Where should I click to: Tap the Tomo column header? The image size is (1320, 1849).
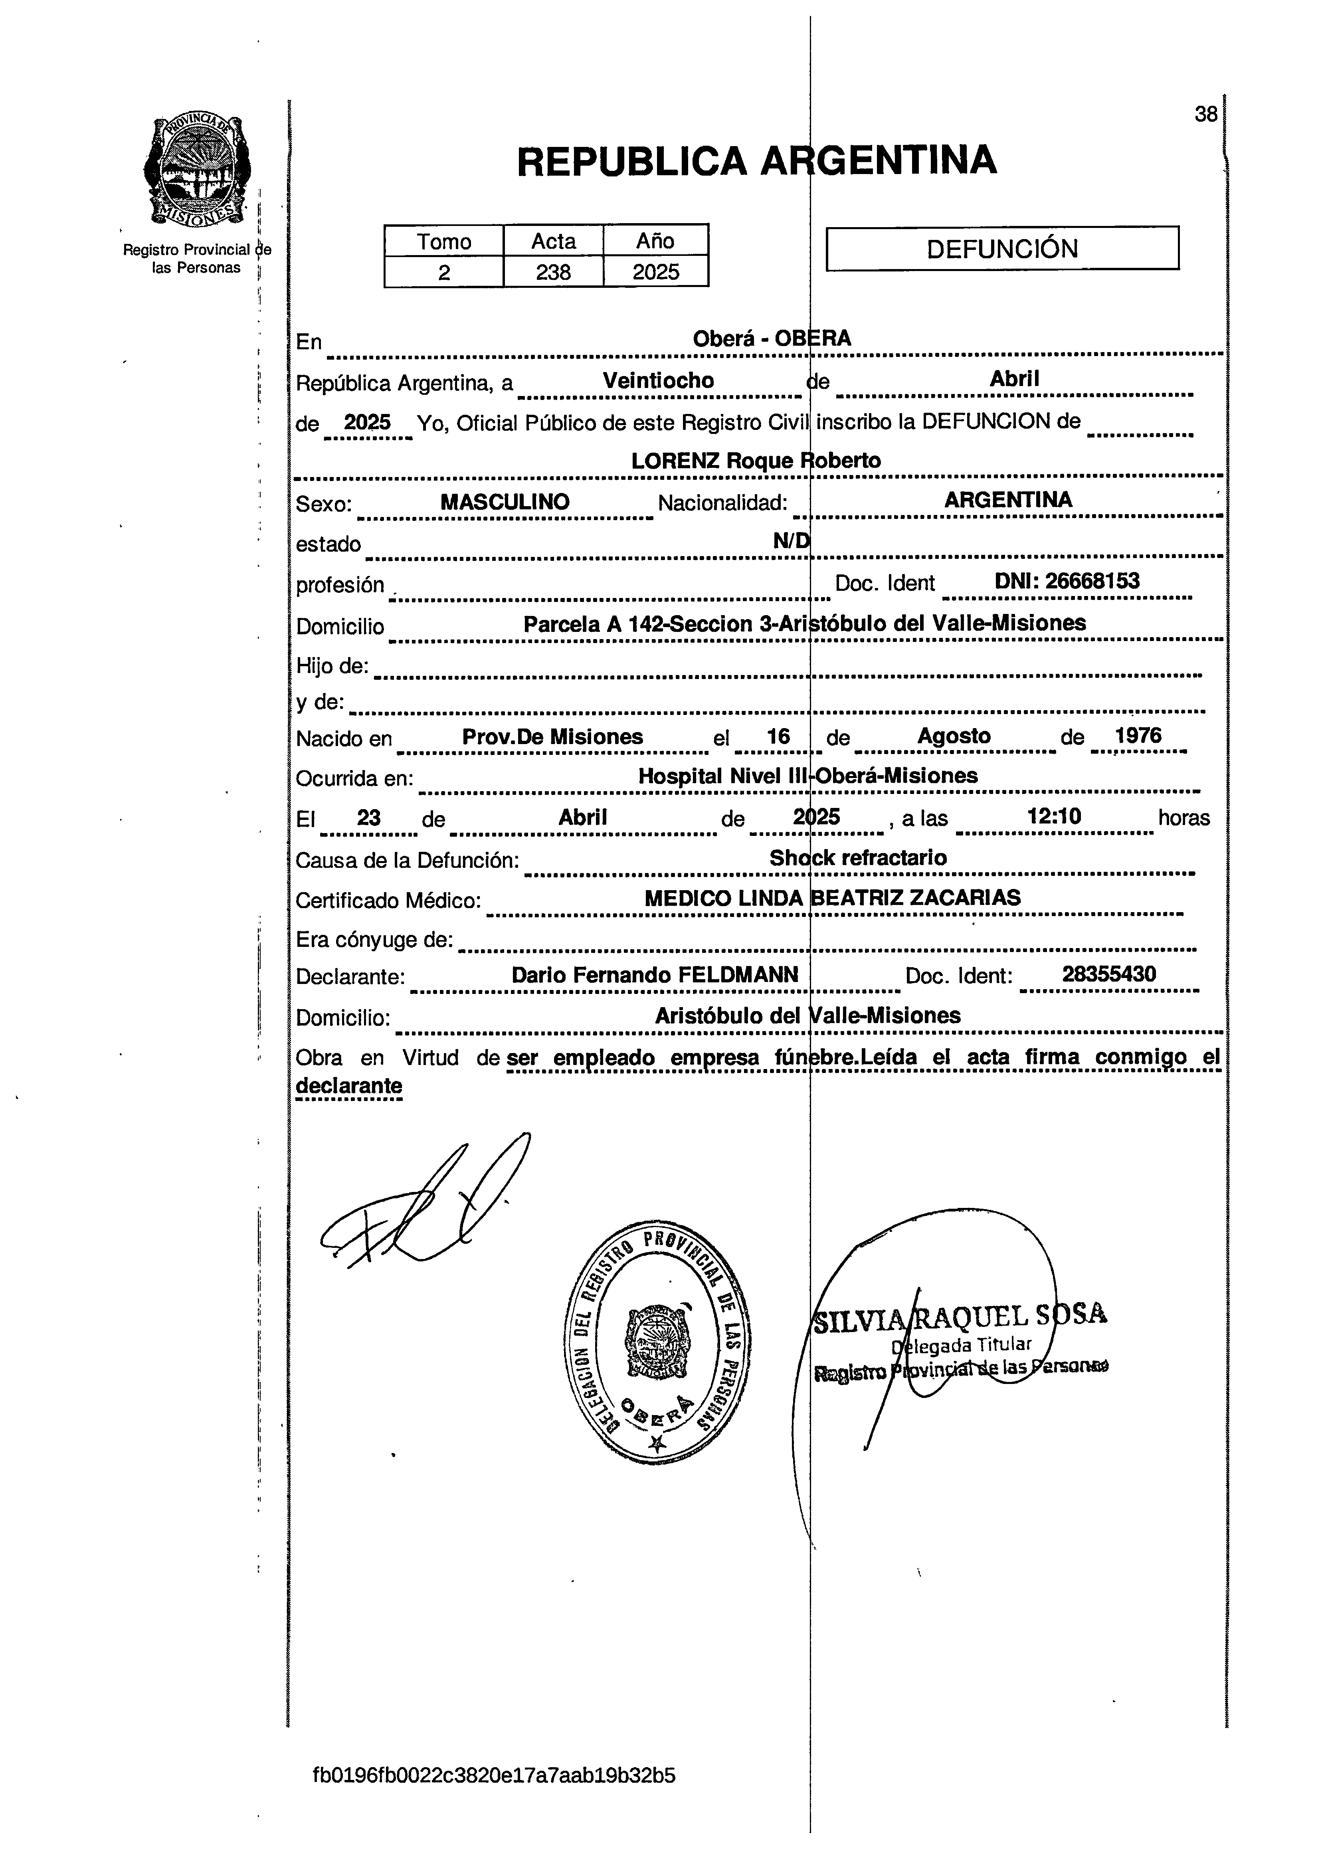click(x=444, y=242)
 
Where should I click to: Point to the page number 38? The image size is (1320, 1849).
click(x=1205, y=115)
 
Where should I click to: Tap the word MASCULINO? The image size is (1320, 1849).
click(x=505, y=501)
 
